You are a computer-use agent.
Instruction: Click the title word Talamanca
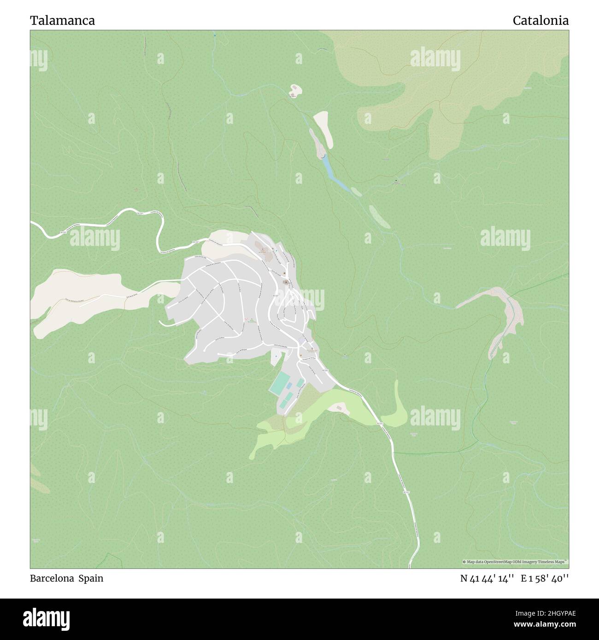tap(63, 20)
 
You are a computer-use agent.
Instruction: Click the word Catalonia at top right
tap(540, 20)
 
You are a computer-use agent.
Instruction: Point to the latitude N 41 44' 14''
tap(487, 579)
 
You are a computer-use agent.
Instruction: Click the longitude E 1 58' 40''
tap(545, 579)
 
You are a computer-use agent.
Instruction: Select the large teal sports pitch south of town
tap(279, 384)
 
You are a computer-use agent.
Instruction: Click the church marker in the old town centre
tap(286, 282)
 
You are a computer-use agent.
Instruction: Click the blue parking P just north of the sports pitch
tap(276, 356)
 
